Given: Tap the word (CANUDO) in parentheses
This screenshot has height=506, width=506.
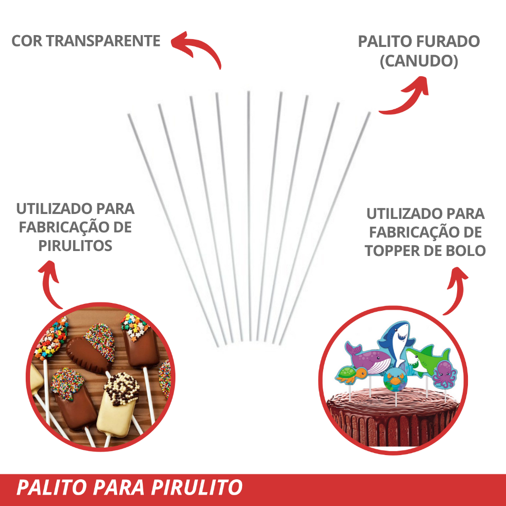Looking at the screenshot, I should pyautogui.click(x=419, y=61).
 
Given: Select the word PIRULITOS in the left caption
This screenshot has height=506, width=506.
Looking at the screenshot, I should pyautogui.click(x=75, y=246).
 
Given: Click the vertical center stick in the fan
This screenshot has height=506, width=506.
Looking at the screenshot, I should pyautogui.click(x=250, y=212).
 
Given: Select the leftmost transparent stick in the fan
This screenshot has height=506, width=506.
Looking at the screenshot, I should pyautogui.click(x=173, y=227).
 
